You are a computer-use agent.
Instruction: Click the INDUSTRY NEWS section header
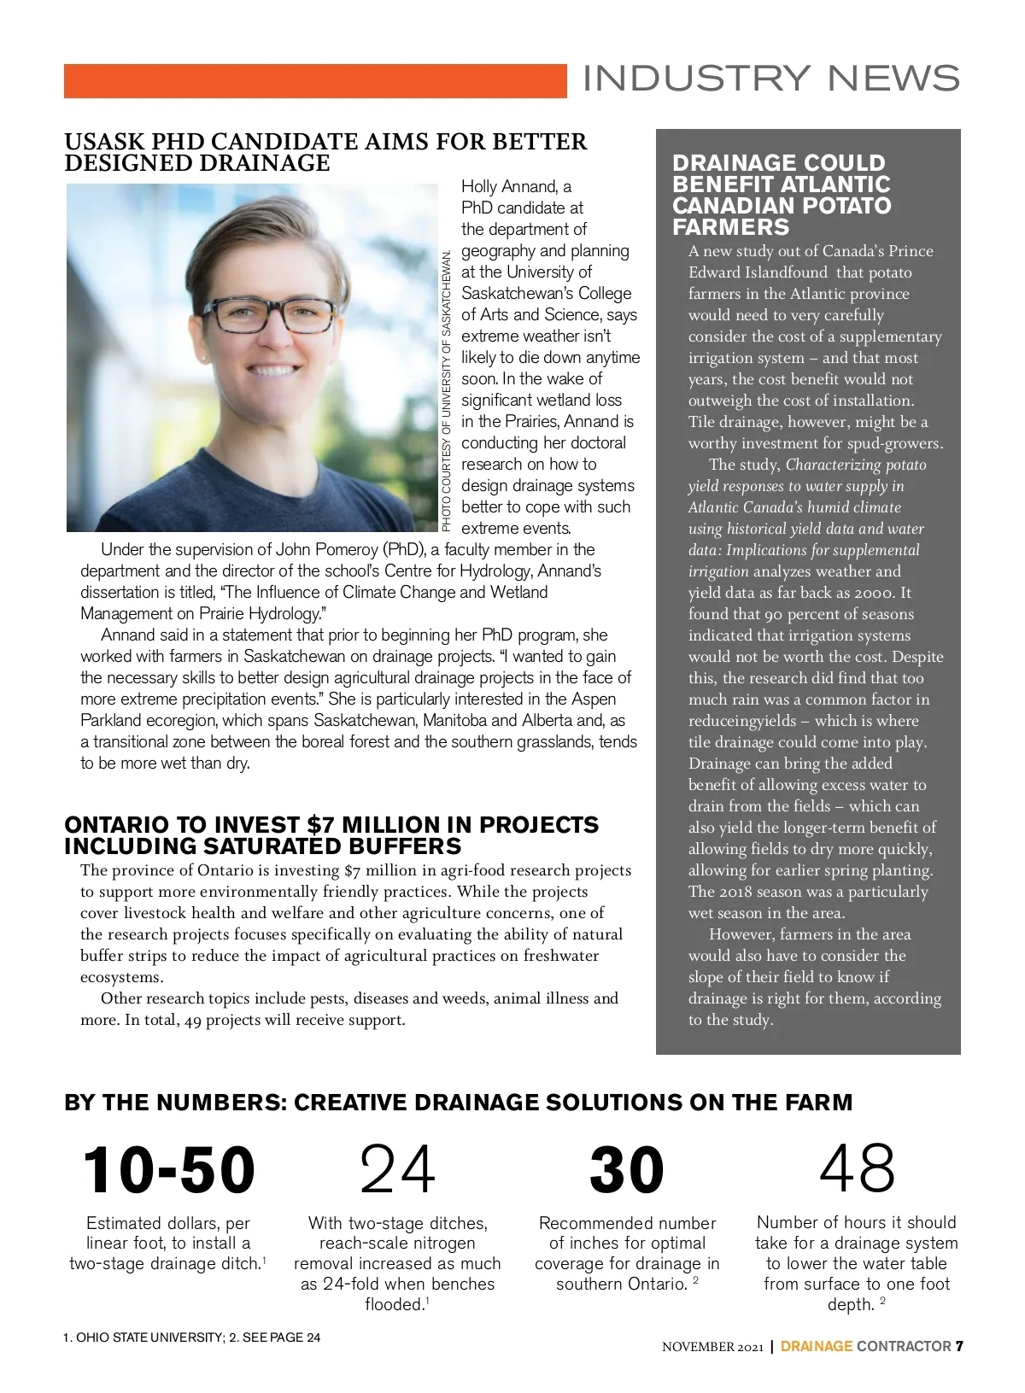point(770,79)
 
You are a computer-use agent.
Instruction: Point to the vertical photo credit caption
point(447,389)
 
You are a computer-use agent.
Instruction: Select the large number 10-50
point(169,1170)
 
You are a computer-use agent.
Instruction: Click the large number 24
point(397,1170)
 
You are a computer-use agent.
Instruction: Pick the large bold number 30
point(627,1170)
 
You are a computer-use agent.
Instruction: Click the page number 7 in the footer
point(959,1347)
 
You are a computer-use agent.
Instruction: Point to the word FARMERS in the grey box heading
point(719,227)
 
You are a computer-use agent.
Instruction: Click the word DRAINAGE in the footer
point(817,1347)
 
